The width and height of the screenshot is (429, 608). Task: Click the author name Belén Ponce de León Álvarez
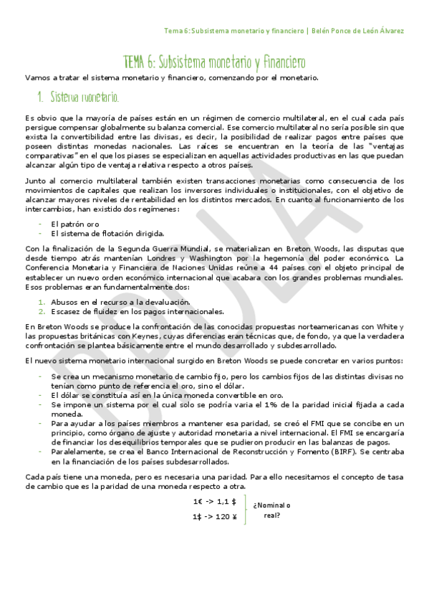coord(360,31)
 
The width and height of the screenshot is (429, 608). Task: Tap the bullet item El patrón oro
coord(75,224)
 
